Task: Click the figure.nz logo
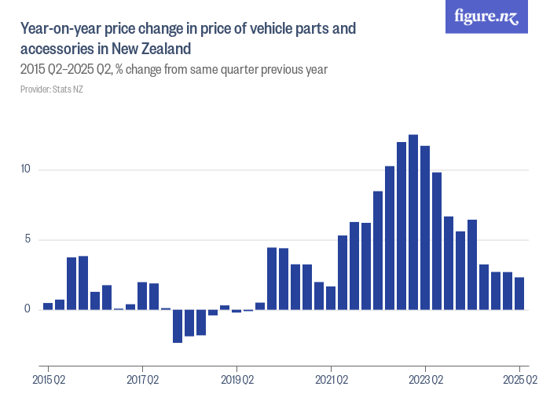coord(486,16)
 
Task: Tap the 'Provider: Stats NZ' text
coord(52,89)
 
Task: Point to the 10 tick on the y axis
coord(25,170)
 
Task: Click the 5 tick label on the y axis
coord(27,239)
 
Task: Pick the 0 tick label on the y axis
coord(27,309)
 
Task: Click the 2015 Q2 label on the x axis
coord(48,381)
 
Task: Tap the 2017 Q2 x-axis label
coord(142,381)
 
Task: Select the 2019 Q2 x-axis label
coord(236,381)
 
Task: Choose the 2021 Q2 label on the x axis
coord(331,381)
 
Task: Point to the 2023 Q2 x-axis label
coord(425,381)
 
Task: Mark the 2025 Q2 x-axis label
coord(519,381)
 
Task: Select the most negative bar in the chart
coord(178,326)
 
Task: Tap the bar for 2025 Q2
coord(519,294)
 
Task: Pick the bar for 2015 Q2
coord(48,306)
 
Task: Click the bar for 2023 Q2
coord(425,228)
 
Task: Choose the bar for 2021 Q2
coord(331,298)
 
